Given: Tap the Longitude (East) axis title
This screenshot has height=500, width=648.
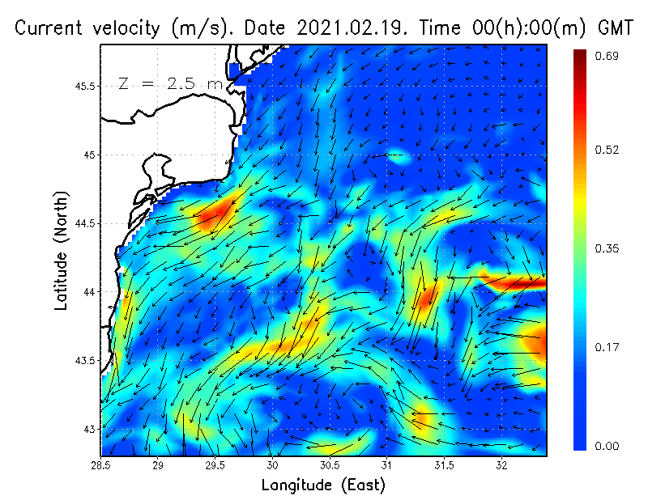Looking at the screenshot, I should (x=323, y=485).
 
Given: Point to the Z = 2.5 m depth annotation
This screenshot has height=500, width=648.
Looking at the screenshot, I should (x=170, y=83).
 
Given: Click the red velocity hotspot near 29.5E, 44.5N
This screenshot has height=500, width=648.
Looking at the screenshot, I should (x=215, y=214).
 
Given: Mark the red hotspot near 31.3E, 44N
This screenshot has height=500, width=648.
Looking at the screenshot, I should (x=426, y=300).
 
